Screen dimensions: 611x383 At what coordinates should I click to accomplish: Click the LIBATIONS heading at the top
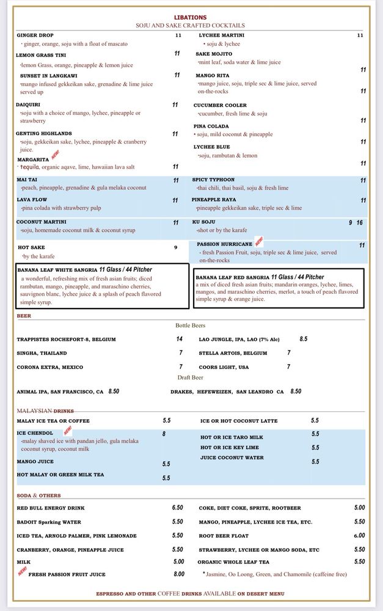point(191,18)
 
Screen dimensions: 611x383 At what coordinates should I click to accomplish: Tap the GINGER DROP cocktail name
point(35,35)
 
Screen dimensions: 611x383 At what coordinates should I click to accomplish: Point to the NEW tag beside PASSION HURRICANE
point(258,241)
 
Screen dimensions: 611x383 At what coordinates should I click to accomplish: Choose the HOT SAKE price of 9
point(175,247)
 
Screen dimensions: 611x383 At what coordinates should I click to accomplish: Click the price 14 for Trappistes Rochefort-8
point(179,339)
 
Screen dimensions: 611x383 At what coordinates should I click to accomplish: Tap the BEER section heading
point(24,316)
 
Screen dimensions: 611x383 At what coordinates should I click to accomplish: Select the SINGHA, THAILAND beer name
point(42,353)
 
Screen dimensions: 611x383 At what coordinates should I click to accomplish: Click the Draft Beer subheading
point(190,378)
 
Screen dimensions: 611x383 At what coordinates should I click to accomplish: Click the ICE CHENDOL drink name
point(35,433)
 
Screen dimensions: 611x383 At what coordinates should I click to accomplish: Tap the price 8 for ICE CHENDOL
point(164,434)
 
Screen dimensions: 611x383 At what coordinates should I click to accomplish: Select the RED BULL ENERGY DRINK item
point(51,508)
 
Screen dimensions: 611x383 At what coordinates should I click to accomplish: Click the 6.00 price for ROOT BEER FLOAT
point(359,536)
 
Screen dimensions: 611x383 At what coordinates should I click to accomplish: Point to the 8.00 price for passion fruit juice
point(178,574)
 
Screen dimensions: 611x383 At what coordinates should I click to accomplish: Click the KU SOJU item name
point(204,222)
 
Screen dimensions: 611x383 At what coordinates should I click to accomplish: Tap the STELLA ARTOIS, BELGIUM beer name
point(233,353)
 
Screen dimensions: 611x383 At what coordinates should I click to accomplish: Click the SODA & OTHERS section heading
point(38,496)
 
